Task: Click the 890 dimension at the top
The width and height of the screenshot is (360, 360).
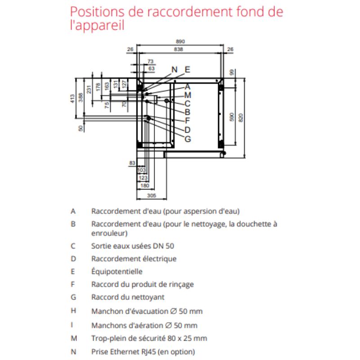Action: click(180, 42)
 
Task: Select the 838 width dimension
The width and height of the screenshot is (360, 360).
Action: click(179, 49)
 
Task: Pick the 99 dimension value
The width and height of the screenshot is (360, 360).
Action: click(231, 72)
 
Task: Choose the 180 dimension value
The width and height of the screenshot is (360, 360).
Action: click(144, 185)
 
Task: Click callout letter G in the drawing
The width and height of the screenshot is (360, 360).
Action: click(188, 139)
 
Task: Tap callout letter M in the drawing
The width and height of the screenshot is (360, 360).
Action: click(188, 95)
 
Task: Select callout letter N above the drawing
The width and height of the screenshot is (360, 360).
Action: click(175, 69)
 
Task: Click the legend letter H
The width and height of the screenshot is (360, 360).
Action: click(73, 310)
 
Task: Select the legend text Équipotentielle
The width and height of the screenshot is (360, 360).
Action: click(117, 271)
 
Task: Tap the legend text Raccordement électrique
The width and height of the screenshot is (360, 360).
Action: click(134, 259)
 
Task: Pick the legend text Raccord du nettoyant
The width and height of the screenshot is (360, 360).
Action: click(128, 297)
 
